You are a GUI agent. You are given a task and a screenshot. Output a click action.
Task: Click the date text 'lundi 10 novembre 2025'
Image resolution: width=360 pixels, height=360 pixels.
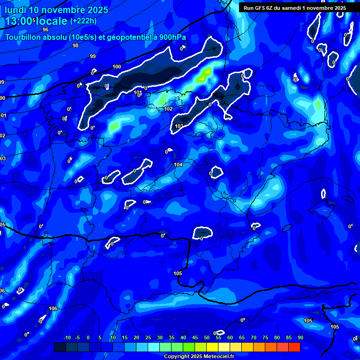pos(56,10)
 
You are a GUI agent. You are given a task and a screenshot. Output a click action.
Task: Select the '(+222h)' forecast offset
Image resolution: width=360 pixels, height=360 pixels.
pos(83,21)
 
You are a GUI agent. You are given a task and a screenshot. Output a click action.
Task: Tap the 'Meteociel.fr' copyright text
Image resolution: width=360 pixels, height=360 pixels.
pos(215,357)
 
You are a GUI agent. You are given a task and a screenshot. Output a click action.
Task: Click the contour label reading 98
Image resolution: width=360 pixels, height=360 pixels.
pos(75,45)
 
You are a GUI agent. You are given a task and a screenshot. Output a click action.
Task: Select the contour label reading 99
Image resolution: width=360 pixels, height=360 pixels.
pos(93,56)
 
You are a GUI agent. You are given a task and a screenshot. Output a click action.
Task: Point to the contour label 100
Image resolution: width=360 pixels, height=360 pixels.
pos(117,67)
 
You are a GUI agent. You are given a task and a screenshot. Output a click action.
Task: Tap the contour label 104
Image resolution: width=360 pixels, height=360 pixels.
pos(178,165)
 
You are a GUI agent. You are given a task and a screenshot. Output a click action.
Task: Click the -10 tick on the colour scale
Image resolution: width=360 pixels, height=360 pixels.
pos(67,338)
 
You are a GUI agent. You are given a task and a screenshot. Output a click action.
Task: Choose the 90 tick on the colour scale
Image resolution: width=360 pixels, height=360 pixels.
pos(300,338)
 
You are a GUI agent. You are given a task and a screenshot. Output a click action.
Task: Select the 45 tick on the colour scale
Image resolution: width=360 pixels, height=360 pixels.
pos(195,338)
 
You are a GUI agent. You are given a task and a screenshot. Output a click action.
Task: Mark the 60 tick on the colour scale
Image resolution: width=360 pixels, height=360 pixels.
pos(230,338)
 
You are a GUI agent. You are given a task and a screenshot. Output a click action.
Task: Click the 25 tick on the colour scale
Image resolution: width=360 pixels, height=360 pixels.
pos(148,338)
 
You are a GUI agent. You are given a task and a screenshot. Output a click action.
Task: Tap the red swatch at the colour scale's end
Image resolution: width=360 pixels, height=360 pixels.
pos(294,347)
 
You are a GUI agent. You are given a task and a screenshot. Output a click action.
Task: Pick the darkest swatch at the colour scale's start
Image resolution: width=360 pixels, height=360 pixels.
pos(60,347)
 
